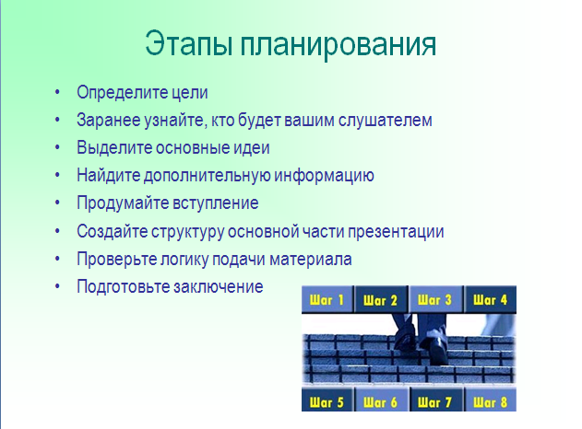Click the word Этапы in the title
(x=188, y=44)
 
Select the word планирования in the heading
(x=339, y=45)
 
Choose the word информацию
(x=324, y=176)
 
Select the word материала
(x=311, y=259)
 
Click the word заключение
(x=219, y=286)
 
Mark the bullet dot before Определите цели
(x=57, y=92)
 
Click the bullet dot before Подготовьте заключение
(x=57, y=286)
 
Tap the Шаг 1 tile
(x=327, y=299)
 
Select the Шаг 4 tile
(x=491, y=299)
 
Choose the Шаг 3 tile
(x=435, y=299)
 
